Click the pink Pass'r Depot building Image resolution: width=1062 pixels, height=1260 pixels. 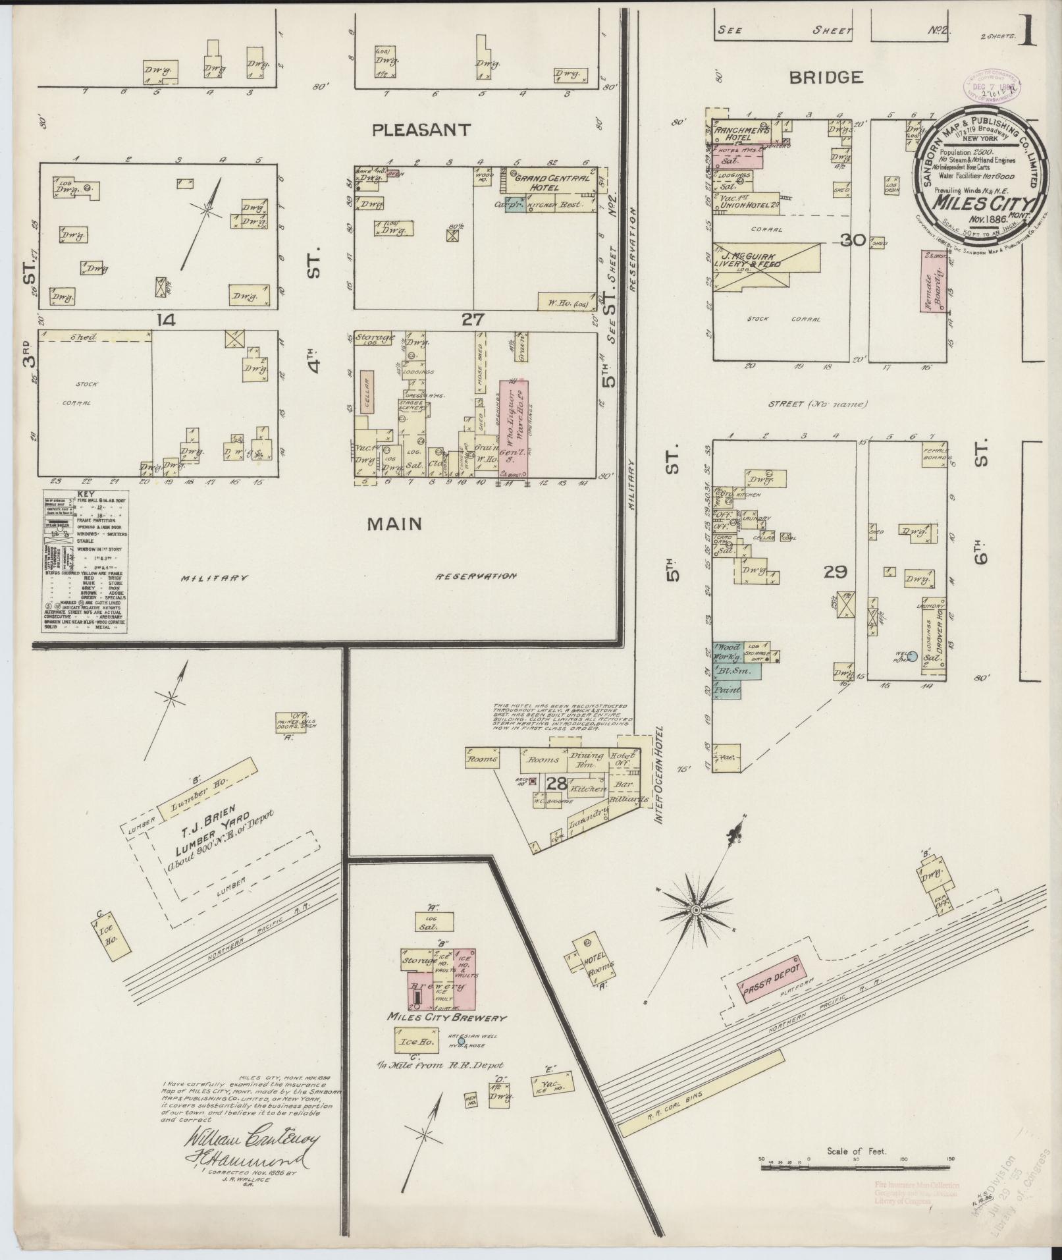point(768,983)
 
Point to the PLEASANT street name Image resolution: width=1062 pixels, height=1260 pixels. point(421,130)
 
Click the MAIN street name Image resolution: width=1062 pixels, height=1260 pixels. point(394,523)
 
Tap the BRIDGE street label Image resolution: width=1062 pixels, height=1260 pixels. point(826,78)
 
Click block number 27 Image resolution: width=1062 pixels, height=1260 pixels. point(473,320)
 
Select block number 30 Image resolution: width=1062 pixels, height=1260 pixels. point(853,241)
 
